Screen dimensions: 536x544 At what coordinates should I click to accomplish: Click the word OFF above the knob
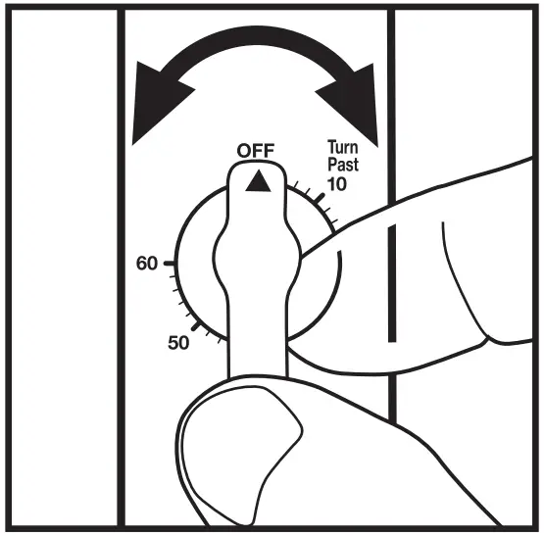pos(256,150)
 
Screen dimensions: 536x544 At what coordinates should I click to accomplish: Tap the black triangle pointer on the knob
pos(257,180)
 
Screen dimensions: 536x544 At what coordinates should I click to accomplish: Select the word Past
pos(342,165)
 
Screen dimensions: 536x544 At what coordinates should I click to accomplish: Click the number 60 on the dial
pos(148,265)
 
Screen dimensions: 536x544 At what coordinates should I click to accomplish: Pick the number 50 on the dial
pos(178,344)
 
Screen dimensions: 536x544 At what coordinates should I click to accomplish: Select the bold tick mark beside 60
pos(173,265)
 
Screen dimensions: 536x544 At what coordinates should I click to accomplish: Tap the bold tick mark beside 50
pos(200,330)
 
